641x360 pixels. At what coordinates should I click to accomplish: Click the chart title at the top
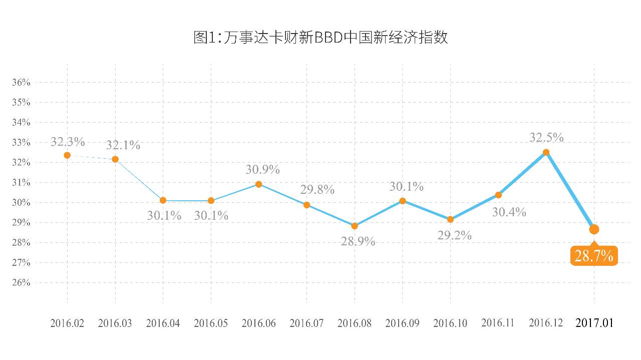[320, 38]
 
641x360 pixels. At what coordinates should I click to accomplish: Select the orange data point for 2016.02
[67, 155]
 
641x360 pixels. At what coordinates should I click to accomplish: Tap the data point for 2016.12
[546, 152]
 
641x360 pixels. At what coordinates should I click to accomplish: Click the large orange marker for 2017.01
[594, 229]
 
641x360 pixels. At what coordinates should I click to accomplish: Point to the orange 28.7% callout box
[594, 256]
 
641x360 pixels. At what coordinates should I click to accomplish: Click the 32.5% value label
[547, 137]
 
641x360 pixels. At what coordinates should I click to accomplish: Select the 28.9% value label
[358, 241]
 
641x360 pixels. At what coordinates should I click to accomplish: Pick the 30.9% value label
[262, 170]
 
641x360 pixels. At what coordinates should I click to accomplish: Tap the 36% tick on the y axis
[21, 83]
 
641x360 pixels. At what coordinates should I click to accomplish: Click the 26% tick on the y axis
[21, 283]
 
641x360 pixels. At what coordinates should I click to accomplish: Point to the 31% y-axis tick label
[21, 183]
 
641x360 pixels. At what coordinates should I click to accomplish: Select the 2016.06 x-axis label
[258, 323]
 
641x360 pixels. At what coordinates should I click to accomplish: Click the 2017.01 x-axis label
[594, 323]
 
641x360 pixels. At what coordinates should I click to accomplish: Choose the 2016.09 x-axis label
[403, 323]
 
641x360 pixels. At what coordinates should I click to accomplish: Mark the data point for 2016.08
[355, 226]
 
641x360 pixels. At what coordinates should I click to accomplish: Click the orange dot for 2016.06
[258, 184]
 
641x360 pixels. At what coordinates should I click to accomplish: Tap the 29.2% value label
[454, 235]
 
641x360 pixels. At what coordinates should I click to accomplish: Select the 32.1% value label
[123, 146]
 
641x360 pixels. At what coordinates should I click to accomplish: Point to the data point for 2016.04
[163, 200]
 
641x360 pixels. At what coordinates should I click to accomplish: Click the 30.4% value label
[509, 212]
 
